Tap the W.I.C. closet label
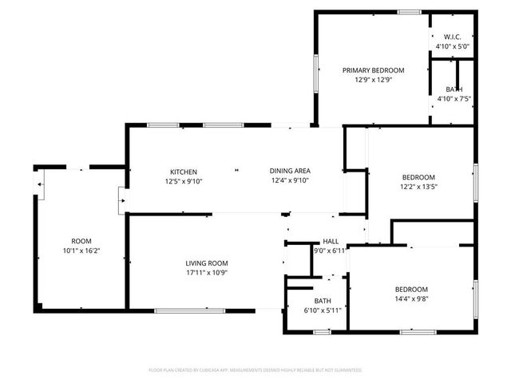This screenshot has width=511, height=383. pyautogui.click(x=453, y=38)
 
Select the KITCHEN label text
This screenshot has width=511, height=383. pyautogui.click(x=184, y=172)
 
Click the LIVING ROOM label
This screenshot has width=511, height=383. pyautogui.click(x=207, y=263)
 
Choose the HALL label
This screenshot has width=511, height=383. pyautogui.click(x=331, y=242)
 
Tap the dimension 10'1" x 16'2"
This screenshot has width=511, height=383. pyautogui.click(x=81, y=251)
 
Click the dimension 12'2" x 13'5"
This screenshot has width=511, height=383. pyautogui.click(x=418, y=187)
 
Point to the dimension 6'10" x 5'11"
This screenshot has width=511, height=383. pyautogui.click(x=323, y=310)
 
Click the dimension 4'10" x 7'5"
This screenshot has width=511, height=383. pyautogui.click(x=454, y=99)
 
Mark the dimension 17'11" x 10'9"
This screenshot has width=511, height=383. pyautogui.click(x=207, y=273)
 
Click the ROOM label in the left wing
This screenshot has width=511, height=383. pyautogui.click(x=81, y=241)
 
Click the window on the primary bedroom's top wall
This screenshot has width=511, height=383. pyautogui.click(x=410, y=11)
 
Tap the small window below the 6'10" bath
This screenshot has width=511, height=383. pyautogui.click(x=322, y=331)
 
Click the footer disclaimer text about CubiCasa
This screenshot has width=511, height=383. pyautogui.click(x=255, y=370)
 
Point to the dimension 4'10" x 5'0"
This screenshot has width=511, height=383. pyautogui.click(x=453, y=47)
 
